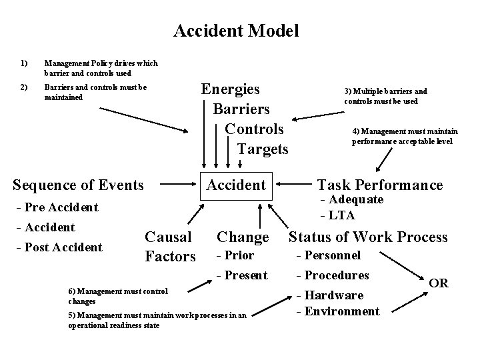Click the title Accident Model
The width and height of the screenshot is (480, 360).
[x=236, y=31]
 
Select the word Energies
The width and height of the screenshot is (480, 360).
[x=231, y=89]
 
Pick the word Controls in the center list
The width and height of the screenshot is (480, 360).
[x=254, y=129]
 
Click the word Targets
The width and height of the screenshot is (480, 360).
[x=263, y=149]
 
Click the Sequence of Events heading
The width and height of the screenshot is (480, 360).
[x=79, y=185]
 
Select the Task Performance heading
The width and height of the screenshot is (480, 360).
[x=380, y=185]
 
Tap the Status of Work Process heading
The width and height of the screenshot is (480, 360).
[x=368, y=236]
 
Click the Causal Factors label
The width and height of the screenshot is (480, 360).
[x=170, y=246]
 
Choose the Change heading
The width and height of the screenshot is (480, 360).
[x=243, y=237]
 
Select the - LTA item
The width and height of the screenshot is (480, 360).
[x=338, y=215]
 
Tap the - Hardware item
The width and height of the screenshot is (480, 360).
[x=329, y=295]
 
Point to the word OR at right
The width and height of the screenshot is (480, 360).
[x=438, y=284]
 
